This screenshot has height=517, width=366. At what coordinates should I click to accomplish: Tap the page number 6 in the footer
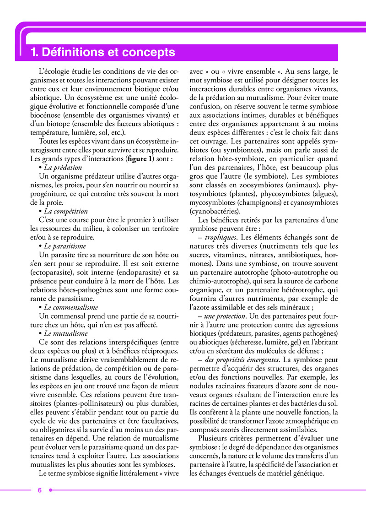(x=40, y=490)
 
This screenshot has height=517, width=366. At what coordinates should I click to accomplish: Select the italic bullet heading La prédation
(x=63, y=168)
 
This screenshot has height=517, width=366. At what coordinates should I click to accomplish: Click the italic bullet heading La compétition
(x=65, y=211)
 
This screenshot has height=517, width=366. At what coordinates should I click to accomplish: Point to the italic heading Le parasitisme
(x=65, y=246)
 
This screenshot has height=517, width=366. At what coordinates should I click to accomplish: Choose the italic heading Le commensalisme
(x=70, y=307)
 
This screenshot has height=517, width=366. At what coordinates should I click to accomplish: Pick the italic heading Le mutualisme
(x=65, y=333)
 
